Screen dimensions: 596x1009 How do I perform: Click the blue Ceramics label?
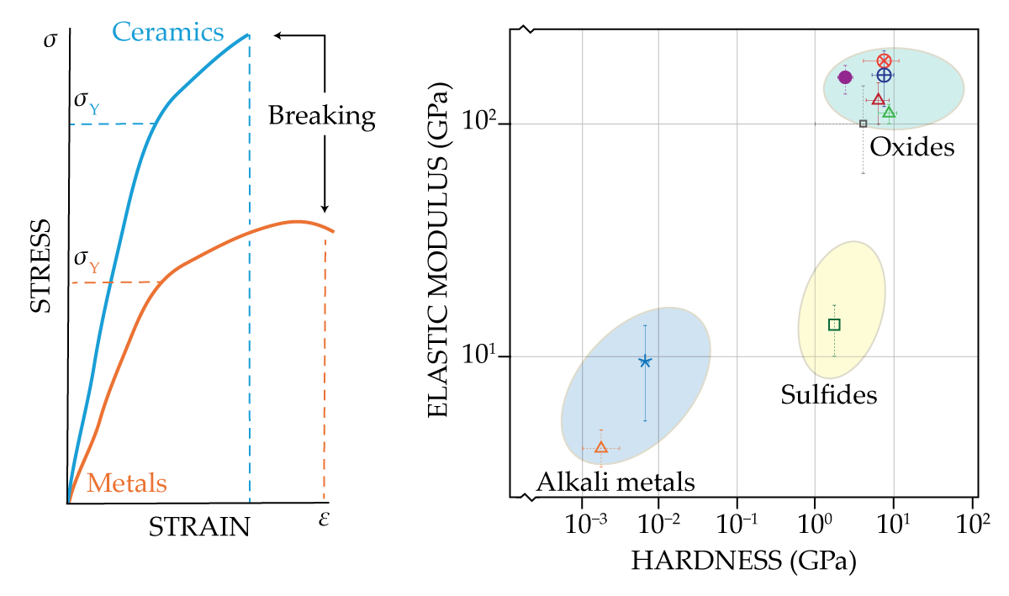tap(168, 33)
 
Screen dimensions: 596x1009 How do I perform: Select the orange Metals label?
tap(127, 483)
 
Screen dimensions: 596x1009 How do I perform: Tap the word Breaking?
tap(321, 116)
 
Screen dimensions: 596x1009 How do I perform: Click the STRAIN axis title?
tap(199, 527)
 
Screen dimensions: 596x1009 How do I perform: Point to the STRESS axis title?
tap(40, 266)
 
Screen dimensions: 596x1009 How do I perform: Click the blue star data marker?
tap(645, 361)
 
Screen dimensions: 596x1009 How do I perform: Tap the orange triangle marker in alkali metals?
tap(600, 447)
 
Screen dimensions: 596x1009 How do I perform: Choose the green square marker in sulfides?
tap(834, 324)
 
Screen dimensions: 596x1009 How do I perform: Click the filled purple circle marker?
tap(845, 77)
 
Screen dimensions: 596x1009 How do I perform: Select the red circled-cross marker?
tap(884, 61)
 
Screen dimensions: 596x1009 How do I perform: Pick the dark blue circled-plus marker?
tap(884, 75)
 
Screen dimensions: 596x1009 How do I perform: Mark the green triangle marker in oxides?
tap(889, 112)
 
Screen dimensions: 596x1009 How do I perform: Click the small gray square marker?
tap(863, 124)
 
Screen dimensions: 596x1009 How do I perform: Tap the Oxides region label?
tap(912, 148)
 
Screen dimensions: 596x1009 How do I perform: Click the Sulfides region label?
tap(828, 394)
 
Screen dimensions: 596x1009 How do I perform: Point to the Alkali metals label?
tap(615, 483)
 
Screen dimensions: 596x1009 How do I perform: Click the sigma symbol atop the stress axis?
tap(50, 40)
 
